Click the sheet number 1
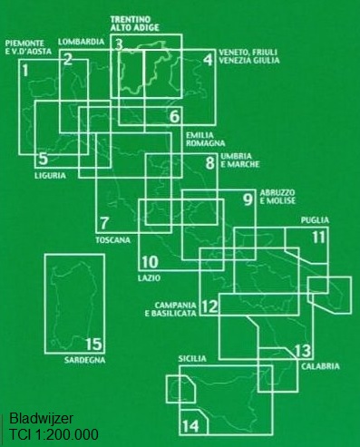26,70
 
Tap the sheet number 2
68,61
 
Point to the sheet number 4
208,61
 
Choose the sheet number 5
43,159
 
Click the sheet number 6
174,117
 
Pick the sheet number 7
105,224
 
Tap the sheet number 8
210,165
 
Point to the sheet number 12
209,306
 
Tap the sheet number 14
190,425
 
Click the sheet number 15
92,344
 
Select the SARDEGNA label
85,360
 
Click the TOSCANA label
112,240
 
